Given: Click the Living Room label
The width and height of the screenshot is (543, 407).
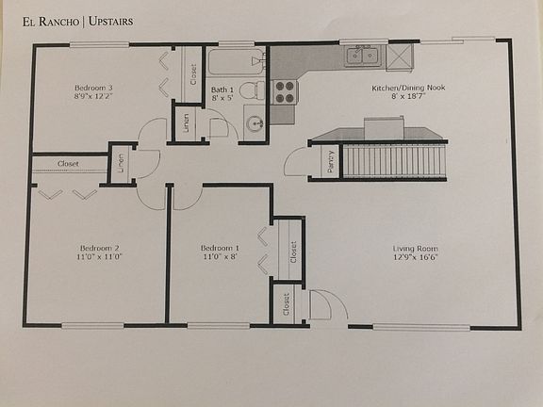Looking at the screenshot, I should (420, 248).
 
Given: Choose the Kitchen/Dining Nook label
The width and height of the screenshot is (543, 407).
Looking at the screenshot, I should (399, 87).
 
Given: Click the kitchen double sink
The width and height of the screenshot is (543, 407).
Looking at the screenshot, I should (364, 57).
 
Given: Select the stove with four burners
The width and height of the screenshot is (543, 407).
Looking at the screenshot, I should (284, 91).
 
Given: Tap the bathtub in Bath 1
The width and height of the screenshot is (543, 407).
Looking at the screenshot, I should (237, 64).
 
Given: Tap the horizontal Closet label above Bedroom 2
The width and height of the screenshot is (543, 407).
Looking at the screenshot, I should (68, 163).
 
